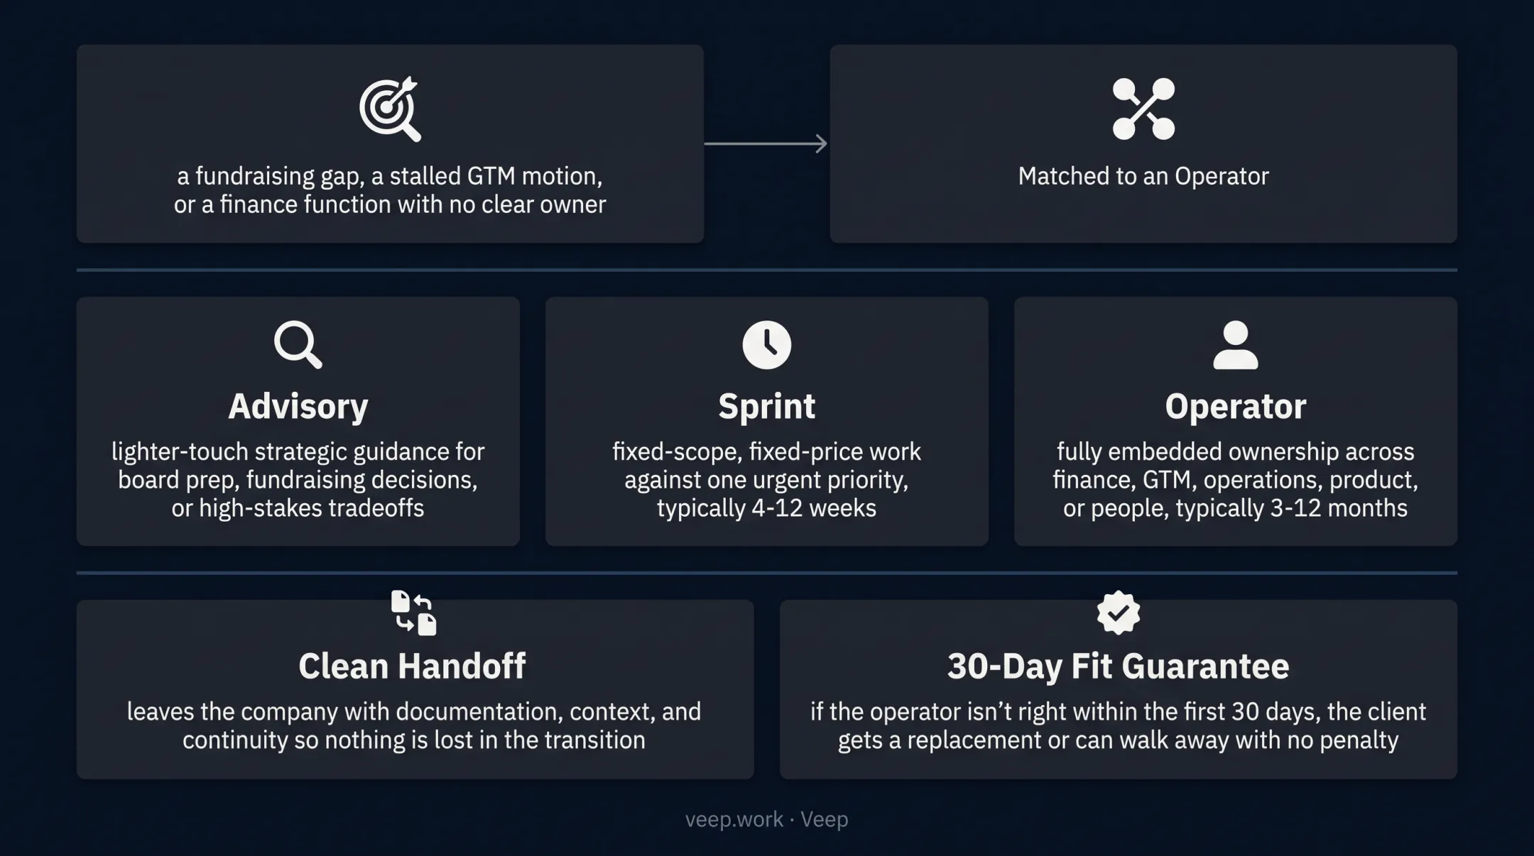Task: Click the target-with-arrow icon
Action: click(x=390, y=109)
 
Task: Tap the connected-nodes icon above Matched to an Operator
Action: click(x=1143, y=109)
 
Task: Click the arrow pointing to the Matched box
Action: click(x=766, y=143)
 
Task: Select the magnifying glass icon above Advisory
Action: click(x=298, y=345)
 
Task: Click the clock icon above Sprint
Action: click(x=767, y=345)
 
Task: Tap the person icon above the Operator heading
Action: click(x=1236, y=345)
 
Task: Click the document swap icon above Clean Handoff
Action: click(x=414, y=613)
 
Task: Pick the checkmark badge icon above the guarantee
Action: click(x=1119, y=613)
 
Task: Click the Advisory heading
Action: click(x=298, y=407)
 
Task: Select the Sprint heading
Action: click(x=767, y=407)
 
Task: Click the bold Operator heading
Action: click(x=1236, y=407)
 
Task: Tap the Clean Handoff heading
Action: click(x=412, y=666)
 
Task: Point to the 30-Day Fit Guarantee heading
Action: click(x=1119, y=666)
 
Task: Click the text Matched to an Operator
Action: click(x=1143, y=176)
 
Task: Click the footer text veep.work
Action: click(x=734, y=820)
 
